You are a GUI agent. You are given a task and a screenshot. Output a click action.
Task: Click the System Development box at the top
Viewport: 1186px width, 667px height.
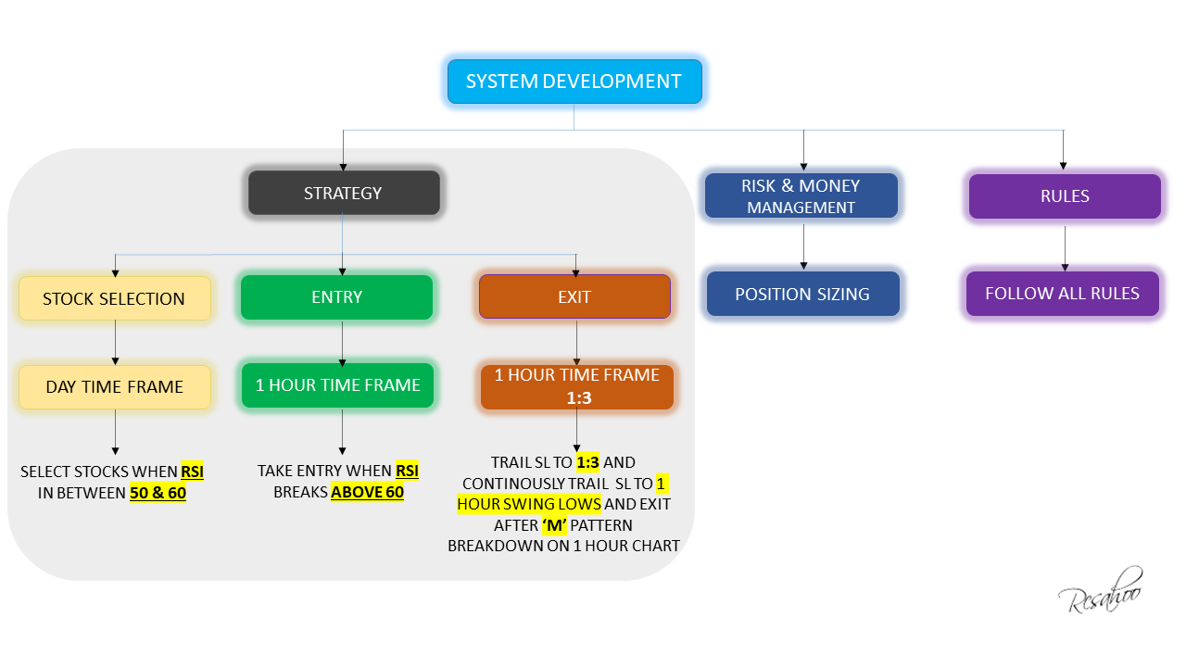point(574,82)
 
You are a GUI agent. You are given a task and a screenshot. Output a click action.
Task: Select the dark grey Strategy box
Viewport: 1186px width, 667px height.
point(343,194)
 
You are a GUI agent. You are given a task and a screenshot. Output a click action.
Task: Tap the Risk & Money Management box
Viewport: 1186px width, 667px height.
point(801,195)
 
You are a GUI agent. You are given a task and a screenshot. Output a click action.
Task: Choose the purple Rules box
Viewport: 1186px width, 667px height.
point(1065,196)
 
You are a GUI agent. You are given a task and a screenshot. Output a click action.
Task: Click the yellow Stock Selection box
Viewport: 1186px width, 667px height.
point(114,298)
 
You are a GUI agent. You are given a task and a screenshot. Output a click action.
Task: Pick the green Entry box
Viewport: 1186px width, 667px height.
point(336,297)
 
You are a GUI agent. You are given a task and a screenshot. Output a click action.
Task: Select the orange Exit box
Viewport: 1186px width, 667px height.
point(574,297)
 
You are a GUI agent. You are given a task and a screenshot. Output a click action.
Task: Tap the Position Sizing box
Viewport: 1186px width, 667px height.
point(802,294)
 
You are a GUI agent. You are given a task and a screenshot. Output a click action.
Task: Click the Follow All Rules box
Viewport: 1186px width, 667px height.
point(1062,294)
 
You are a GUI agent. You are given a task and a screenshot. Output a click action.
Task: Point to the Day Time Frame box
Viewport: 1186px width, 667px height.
point(114,386)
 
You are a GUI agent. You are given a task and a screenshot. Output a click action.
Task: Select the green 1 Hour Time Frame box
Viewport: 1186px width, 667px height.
point(337,385)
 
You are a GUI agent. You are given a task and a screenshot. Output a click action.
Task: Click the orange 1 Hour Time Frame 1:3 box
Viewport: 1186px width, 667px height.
point(576,386)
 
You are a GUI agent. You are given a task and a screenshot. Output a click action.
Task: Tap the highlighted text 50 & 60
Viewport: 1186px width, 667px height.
point(158,493)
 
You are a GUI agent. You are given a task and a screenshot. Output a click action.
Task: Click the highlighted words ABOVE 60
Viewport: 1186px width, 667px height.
point(367,492)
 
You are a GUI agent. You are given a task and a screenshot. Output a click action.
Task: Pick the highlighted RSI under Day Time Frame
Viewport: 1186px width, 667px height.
point(192,472)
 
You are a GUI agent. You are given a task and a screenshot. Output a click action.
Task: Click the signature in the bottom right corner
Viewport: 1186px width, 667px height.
point(1100,590)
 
